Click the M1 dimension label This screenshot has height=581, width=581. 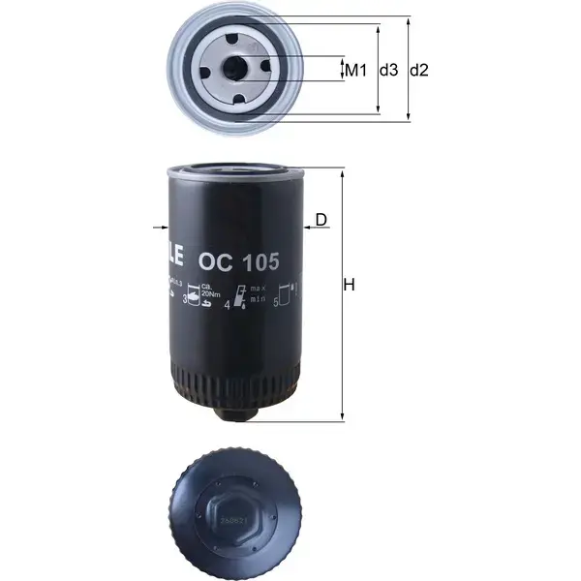(x=356, y=70)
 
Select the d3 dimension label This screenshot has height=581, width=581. (x=388, y=70)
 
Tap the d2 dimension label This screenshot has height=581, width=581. (x=419, y=70)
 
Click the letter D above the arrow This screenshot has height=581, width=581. (x=321, y=220)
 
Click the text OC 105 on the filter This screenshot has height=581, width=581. (x=238, y=260)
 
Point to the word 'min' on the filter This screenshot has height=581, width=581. (x=257, y=301)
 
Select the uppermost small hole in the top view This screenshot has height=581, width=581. (x=238, y=40)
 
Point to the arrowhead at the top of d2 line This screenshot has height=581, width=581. (x=408, y=22)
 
